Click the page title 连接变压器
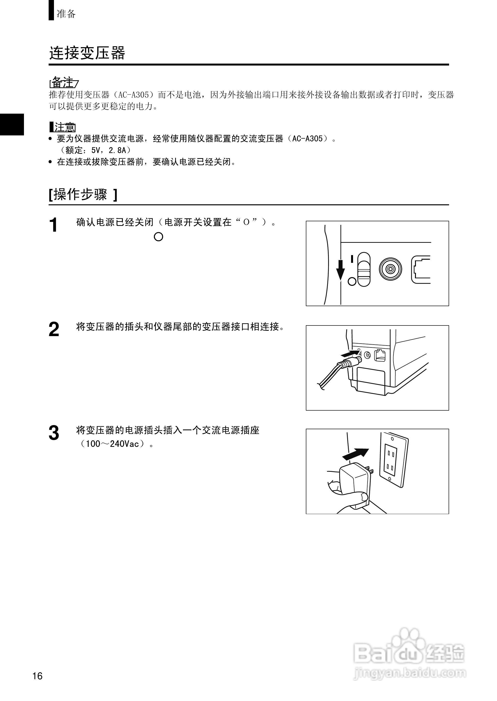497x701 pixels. point(87,53)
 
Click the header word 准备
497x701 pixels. point(66,14)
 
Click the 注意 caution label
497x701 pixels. point(65,127)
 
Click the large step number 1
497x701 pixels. point(53,225)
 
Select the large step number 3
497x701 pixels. point(54,433)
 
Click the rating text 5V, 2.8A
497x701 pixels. point(109,150)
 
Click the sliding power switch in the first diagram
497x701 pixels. point(364,269)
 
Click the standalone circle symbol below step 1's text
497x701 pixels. point(158,237)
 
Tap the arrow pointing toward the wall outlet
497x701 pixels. point(355,454)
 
